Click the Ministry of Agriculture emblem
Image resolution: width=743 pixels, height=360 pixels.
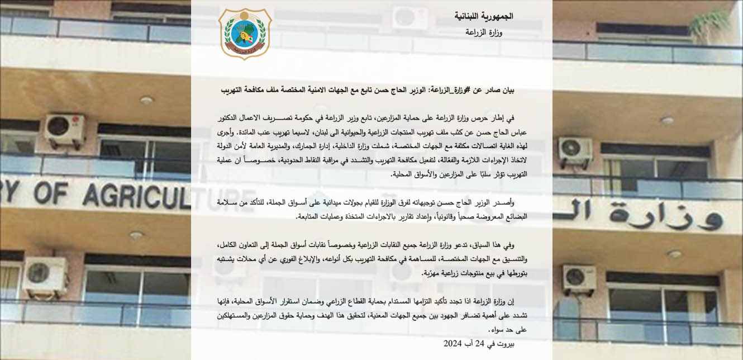245,34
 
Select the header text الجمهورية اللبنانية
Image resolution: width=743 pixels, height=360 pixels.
484,16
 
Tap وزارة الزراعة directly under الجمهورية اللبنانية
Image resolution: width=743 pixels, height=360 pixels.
484,32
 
